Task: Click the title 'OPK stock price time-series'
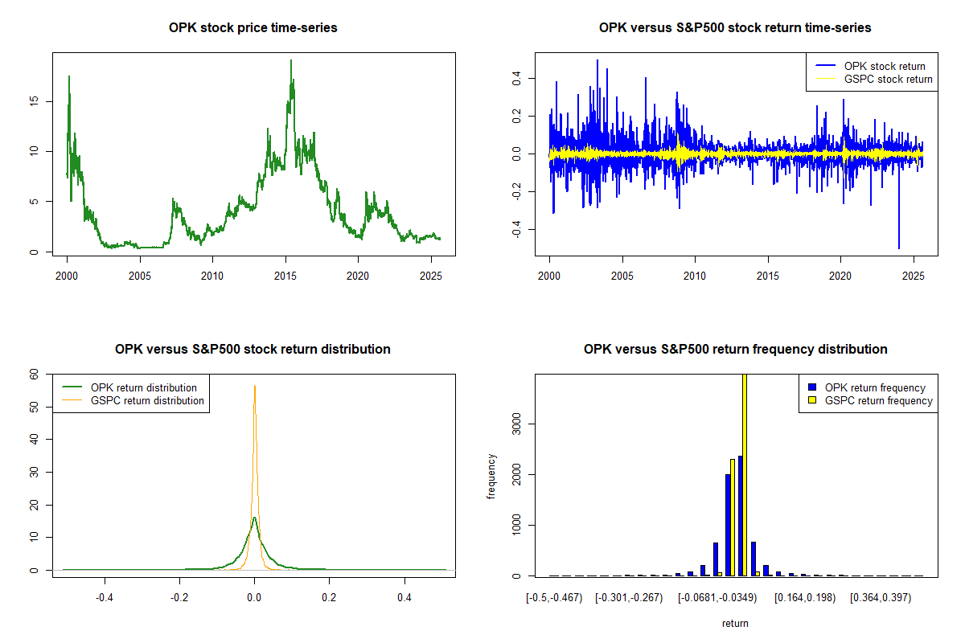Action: (253, 28)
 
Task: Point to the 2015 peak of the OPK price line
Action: (291, 61)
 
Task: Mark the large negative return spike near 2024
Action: (899, 248)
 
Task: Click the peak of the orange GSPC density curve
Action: (255, 386)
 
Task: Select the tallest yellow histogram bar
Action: (744, 474)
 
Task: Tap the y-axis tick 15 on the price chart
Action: (34, 101)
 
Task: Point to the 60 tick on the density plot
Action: (34, 374)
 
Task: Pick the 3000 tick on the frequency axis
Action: (516, 424)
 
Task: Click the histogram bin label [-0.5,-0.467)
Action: (555, 599)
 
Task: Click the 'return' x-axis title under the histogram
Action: (735, 623)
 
